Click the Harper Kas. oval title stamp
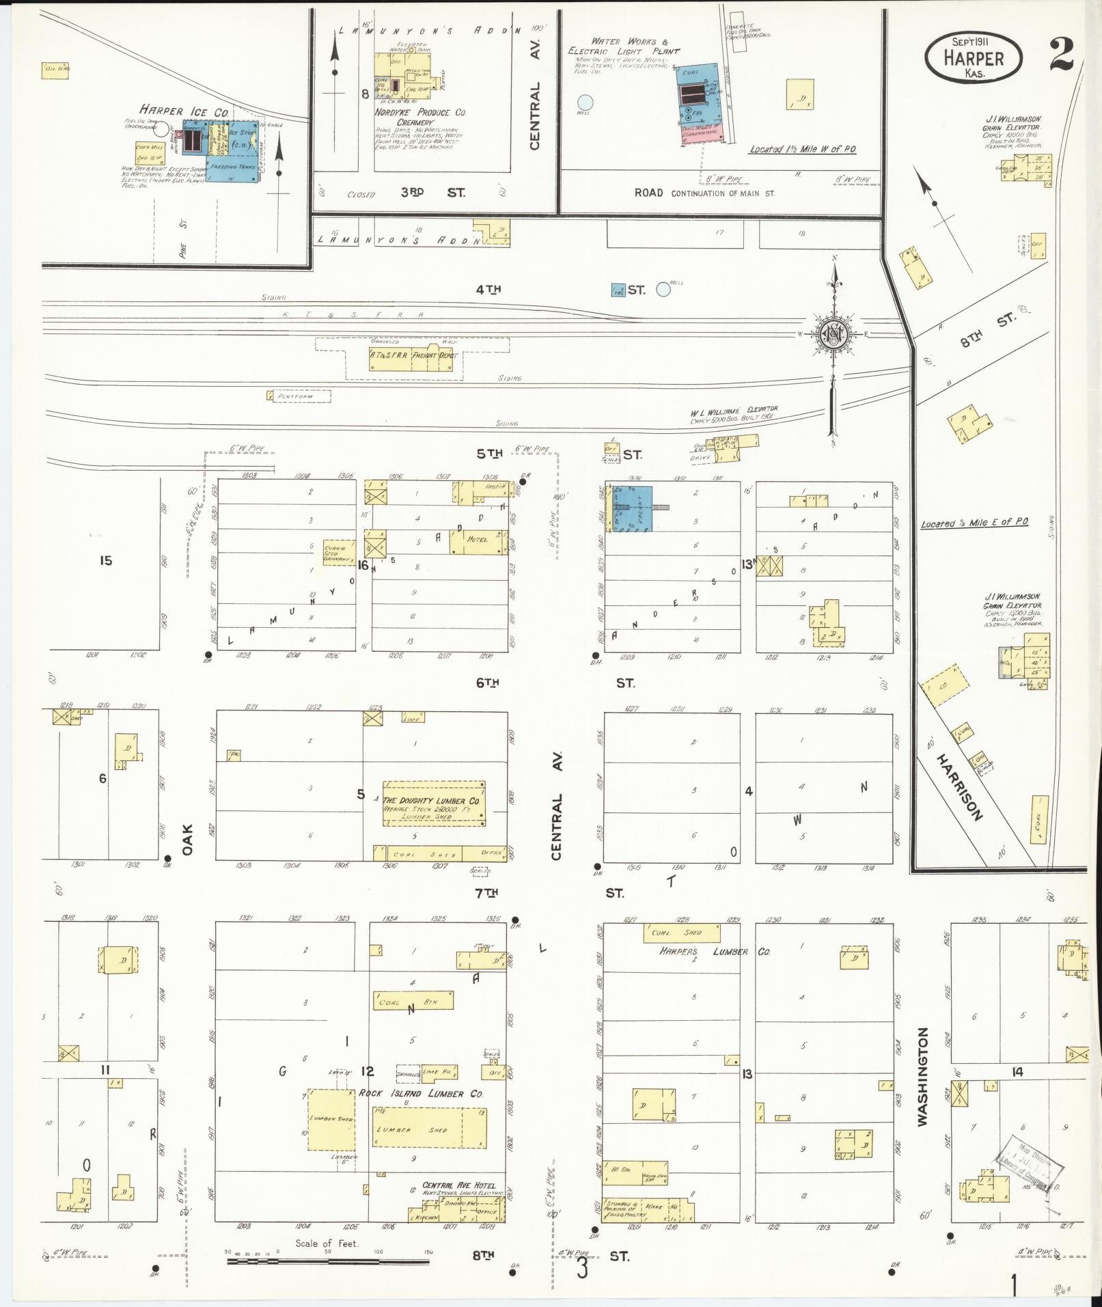point(974,59)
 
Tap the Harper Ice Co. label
point(184,111)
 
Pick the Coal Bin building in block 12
point(413,1001)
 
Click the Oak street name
point(189,839)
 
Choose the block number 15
point(105,561)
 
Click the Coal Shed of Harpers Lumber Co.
point(683,933)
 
